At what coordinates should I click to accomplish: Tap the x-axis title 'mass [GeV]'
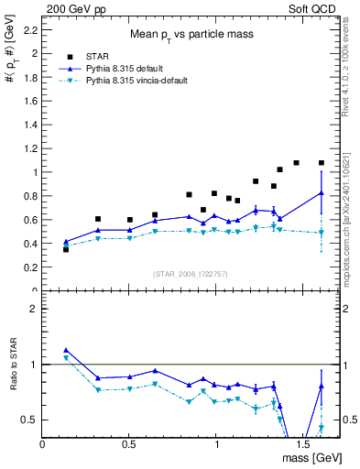pos(312,455)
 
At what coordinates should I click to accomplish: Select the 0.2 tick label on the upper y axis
pos(30,267)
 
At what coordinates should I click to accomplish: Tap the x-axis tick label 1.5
pos(302,442)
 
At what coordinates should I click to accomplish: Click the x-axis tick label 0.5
pos(128,442)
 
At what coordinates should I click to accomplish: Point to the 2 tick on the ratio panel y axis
pos(34,309)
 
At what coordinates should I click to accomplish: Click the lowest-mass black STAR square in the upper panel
pos(65,248)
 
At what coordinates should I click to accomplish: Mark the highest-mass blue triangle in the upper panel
pos(321,193)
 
